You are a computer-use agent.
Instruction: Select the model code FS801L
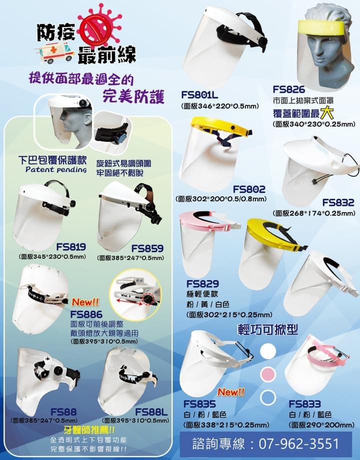[x=199, y=95]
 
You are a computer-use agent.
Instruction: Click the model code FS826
[x=289, y=89]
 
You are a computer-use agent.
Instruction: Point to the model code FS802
[x=249, y=189]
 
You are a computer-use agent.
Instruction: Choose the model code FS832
[x=338, y=202]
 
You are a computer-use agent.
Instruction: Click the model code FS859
[x=147, y=248]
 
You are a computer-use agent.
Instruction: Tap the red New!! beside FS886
[x=85, y=302]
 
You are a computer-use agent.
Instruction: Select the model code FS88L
[x=151, y=412]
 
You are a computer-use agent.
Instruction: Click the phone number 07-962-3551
[x=298, y=444]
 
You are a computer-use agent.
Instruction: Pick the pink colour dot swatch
[x=268, y=374]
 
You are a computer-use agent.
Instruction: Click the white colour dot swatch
[x=268, y=351]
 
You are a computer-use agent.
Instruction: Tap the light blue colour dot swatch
[x=268, y=397]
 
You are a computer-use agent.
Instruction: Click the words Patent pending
[x=56, y=170]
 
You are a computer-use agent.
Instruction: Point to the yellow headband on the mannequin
[x=320, y=28]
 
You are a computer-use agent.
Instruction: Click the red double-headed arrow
[x=129, y=302]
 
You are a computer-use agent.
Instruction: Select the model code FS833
[x=305, y=404]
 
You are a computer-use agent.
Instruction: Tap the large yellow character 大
[x=327, y=112]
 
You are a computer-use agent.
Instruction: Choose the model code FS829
[x=202, y=284]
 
